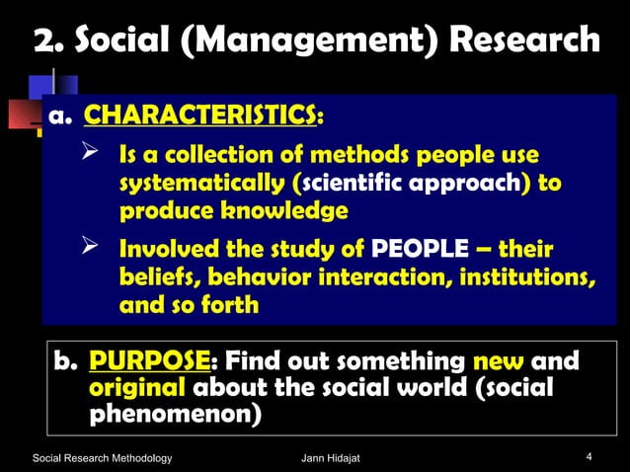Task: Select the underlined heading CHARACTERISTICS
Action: click(200, 117)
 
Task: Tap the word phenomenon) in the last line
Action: click(175, 414)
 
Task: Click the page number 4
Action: click(589, 456)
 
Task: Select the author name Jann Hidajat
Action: click(332, 457)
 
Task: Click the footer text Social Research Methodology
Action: click(103, 457)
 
